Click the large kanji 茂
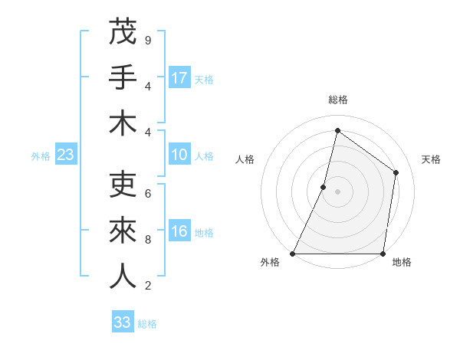click(x=123, y=33)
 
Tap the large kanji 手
click(x=123, y=78)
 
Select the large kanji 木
click(x=123, y=123)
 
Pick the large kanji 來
click(x=123, y=231)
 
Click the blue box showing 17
click(x=179, y=78)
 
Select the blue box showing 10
click(x=179, y=155)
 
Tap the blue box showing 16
click(x=179, y=231)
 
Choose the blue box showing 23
click(x=66, y=155)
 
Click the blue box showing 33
click(x=123, y=322)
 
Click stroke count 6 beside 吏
click(x=147, y=193)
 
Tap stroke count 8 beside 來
click(x=147, y=239)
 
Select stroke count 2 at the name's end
click(x=147, y=285)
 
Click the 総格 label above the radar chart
click(x=337, y=100)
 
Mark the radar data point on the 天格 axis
click(x=396, y=172)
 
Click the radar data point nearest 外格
click(x=293, y=253)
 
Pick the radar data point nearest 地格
click(x=382, y=253)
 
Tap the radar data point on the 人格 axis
click(x=324, y=187)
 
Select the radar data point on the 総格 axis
click(x=337, y=130)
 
